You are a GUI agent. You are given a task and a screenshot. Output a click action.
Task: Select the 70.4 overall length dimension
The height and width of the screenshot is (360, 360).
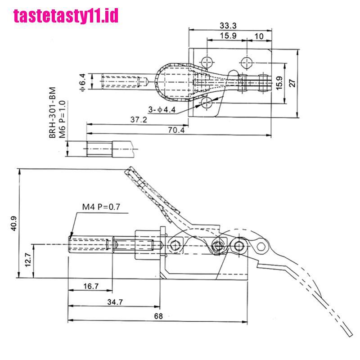(175, 130)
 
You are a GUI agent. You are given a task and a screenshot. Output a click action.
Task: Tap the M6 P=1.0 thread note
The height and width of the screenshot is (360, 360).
(63, 115)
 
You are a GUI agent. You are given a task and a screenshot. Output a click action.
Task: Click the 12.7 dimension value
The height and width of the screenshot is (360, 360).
(28, 260)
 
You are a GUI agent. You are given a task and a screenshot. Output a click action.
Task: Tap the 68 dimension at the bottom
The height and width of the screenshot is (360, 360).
(158, 316)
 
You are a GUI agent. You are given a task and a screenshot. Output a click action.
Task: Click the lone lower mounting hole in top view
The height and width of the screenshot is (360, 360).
(207, 103)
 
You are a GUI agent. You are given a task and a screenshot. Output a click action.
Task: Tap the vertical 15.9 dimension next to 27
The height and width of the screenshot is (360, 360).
(279, 82)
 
